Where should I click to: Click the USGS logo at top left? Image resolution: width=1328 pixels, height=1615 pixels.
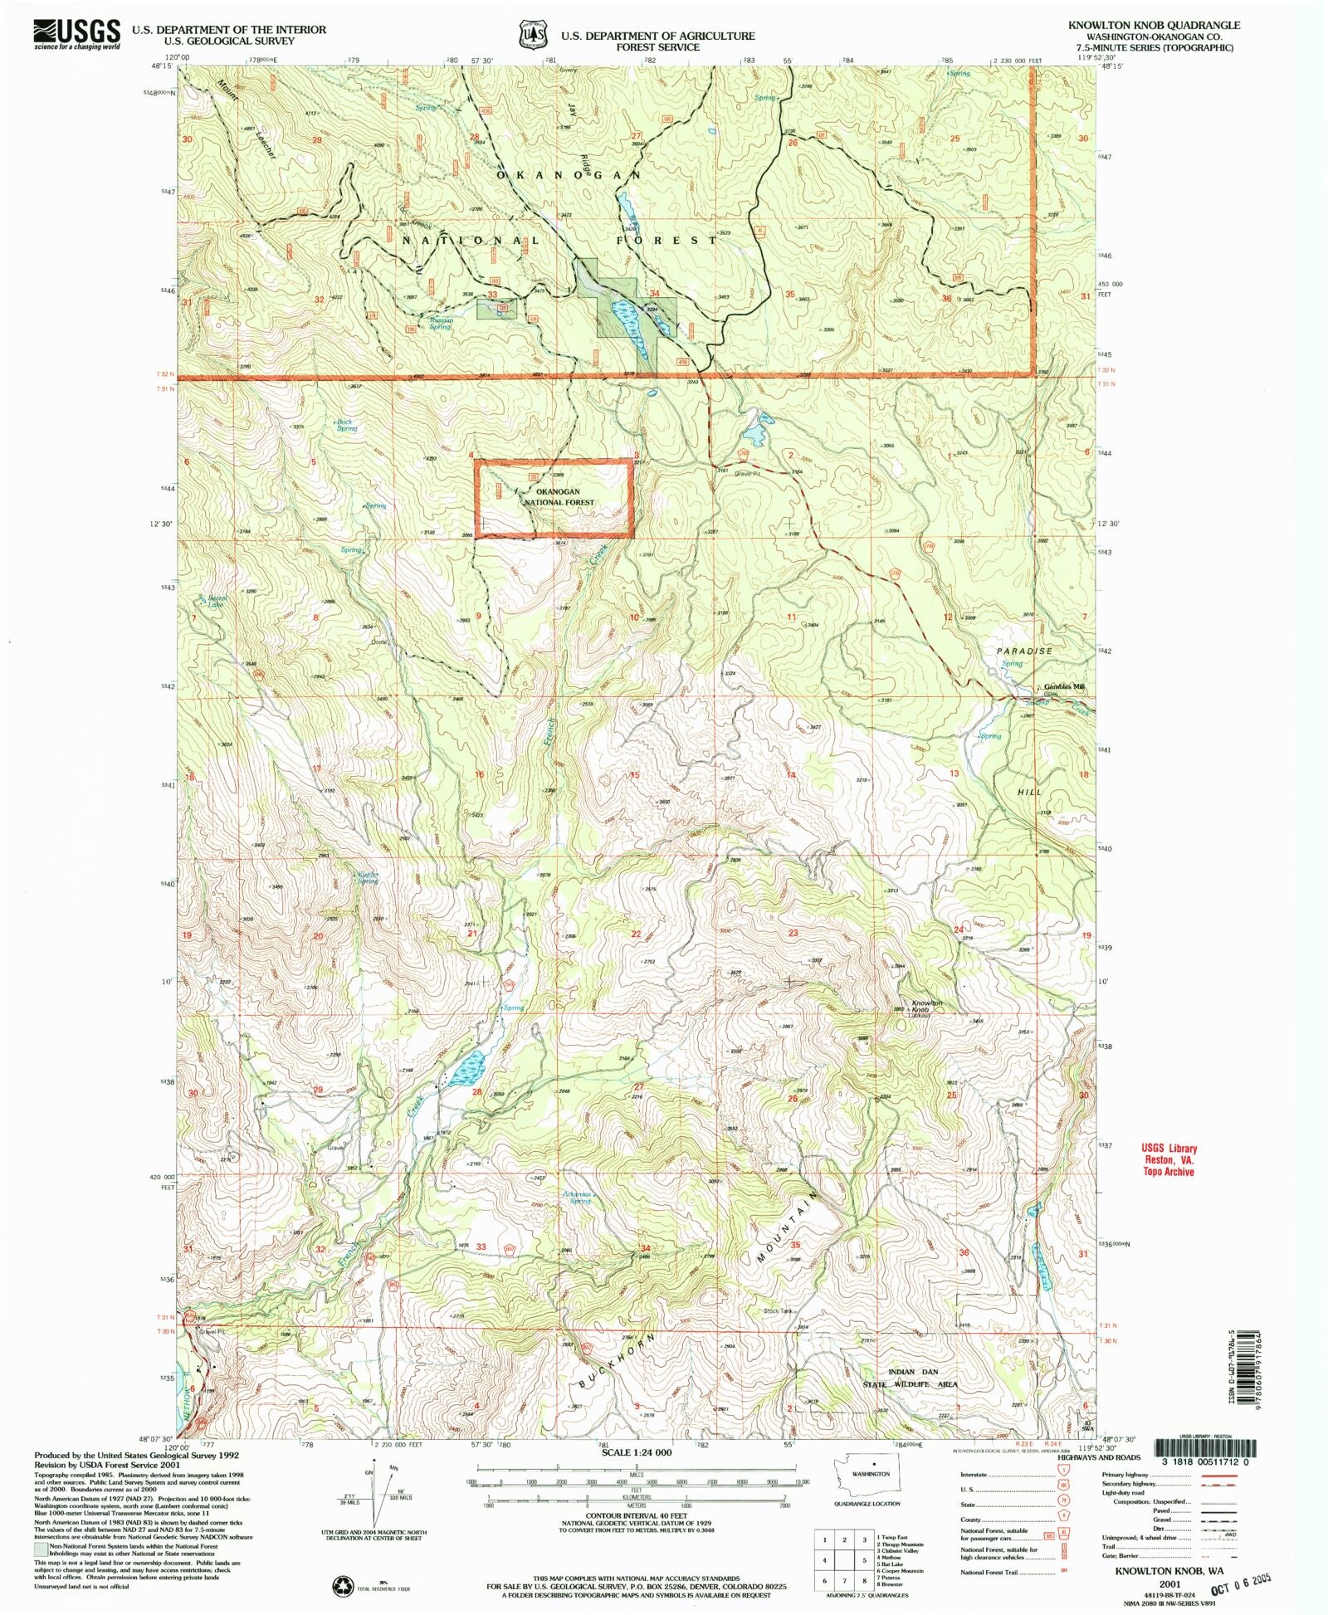point(76,35)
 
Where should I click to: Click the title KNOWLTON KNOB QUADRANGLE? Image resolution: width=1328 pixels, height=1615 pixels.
point(1154,26)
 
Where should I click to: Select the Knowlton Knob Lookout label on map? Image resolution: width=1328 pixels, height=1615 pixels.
point(927,1008)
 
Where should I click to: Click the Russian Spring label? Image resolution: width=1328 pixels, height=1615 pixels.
point(441,324)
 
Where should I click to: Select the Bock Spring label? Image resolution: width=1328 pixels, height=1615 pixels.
point(346,425)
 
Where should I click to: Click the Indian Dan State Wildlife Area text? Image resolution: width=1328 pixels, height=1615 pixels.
point(921,1378)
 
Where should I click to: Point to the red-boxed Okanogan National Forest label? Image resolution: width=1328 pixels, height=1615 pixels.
point(558,496)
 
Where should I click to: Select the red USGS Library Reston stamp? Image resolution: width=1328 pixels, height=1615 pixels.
point(1168,1159)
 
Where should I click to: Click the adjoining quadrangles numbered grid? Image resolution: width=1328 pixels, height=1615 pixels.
point(844,1559)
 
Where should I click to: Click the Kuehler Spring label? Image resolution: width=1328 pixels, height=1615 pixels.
point(368,877)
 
